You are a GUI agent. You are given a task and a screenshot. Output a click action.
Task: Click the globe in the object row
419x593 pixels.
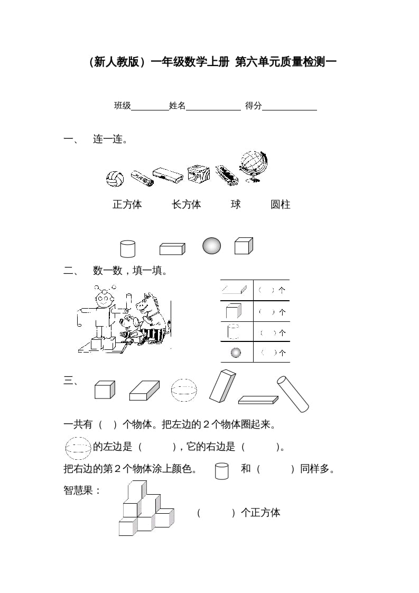click(253, 164)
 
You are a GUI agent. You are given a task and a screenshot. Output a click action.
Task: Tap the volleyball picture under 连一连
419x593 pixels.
click(115, 178)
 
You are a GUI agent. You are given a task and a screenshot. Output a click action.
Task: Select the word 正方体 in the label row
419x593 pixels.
click(127, 205)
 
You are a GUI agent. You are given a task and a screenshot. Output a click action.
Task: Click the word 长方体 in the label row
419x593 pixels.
click(187, 205)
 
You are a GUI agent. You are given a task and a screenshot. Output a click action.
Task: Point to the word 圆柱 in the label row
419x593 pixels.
click(281, 205)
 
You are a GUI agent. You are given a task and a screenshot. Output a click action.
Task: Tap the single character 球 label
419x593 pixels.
click(236, 205)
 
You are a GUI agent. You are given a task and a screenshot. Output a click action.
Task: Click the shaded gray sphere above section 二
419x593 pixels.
click(211, 246)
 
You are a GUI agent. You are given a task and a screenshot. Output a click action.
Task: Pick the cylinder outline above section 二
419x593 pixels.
click(128, 248)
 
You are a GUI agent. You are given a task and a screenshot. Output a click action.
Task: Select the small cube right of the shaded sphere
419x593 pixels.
click(244, 246)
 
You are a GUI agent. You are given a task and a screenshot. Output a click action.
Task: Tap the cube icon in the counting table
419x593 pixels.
click(232, 311)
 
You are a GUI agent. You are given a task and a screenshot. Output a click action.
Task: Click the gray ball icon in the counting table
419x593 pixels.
click(236, 352)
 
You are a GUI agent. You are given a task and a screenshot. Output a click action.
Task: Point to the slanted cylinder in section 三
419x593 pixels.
click(293, 394)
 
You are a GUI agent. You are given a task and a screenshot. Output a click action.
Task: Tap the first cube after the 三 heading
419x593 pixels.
click(104, 390)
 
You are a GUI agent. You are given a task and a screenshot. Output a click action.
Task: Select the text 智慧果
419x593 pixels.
click(81, 490)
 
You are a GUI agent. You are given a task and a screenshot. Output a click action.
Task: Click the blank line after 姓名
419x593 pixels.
click(213, 106)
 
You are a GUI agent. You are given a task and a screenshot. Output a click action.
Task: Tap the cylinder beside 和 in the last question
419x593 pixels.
click(222, 471)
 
